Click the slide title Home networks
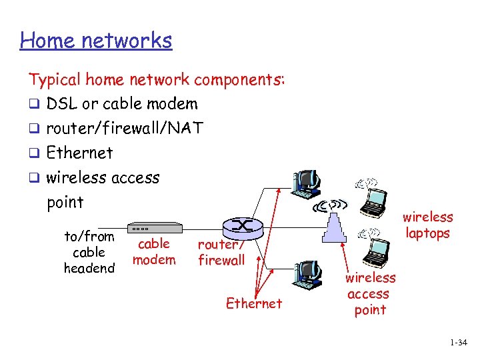96,41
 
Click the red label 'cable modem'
154,251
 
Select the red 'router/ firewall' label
221,252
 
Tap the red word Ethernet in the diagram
254,303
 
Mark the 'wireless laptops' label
427,225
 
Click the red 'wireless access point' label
371,293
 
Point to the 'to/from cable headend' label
89,252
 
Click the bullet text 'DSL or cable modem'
122,104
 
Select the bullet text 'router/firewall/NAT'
125,128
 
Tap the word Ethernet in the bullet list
79,153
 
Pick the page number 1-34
459,343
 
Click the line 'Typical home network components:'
157,80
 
